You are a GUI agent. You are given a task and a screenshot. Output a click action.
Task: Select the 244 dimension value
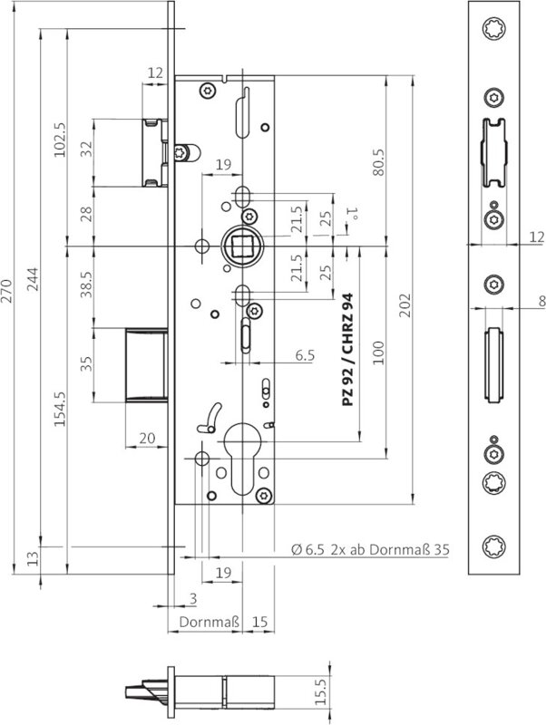[x=34, y=289]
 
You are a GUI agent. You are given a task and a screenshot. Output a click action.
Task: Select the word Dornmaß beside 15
[x=209, y=623]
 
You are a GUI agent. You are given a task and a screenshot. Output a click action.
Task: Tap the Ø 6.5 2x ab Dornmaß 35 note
[x=370, y=550]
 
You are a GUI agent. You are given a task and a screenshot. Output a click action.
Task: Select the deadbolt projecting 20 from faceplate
[x=145, y=364]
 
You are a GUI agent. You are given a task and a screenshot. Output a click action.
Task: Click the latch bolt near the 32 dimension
[x=152, y=151]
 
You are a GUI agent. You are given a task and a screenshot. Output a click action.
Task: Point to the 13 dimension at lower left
[x=34, y=556]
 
